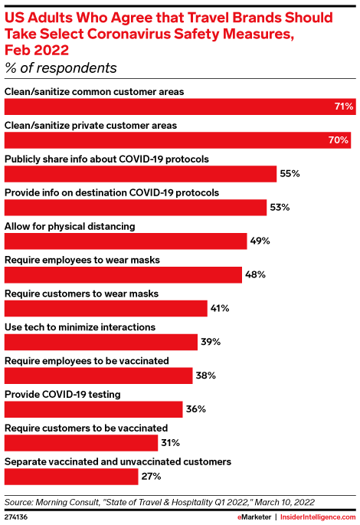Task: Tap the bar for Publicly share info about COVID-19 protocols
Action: pos(140,174)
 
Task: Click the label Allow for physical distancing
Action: pos(70,226)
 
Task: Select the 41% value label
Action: pos(219,308)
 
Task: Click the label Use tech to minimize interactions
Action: pos(80,326)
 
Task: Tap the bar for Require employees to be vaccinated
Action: pos(99,376)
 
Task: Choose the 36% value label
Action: pos(195,409)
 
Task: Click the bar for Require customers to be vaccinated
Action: pos(81,443)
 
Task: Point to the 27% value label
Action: pos(150,477)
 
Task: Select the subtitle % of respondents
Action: pos(61,69)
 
